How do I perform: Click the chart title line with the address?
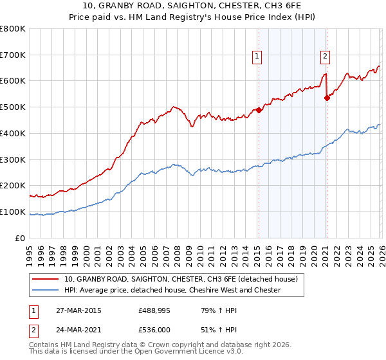[x=193, y=6]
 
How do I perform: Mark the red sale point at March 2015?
[x=259, y=110]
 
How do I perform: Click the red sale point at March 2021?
[x=327, y=98]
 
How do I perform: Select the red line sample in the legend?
[x=46, y=280]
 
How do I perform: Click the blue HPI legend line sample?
[x=46, y=290]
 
